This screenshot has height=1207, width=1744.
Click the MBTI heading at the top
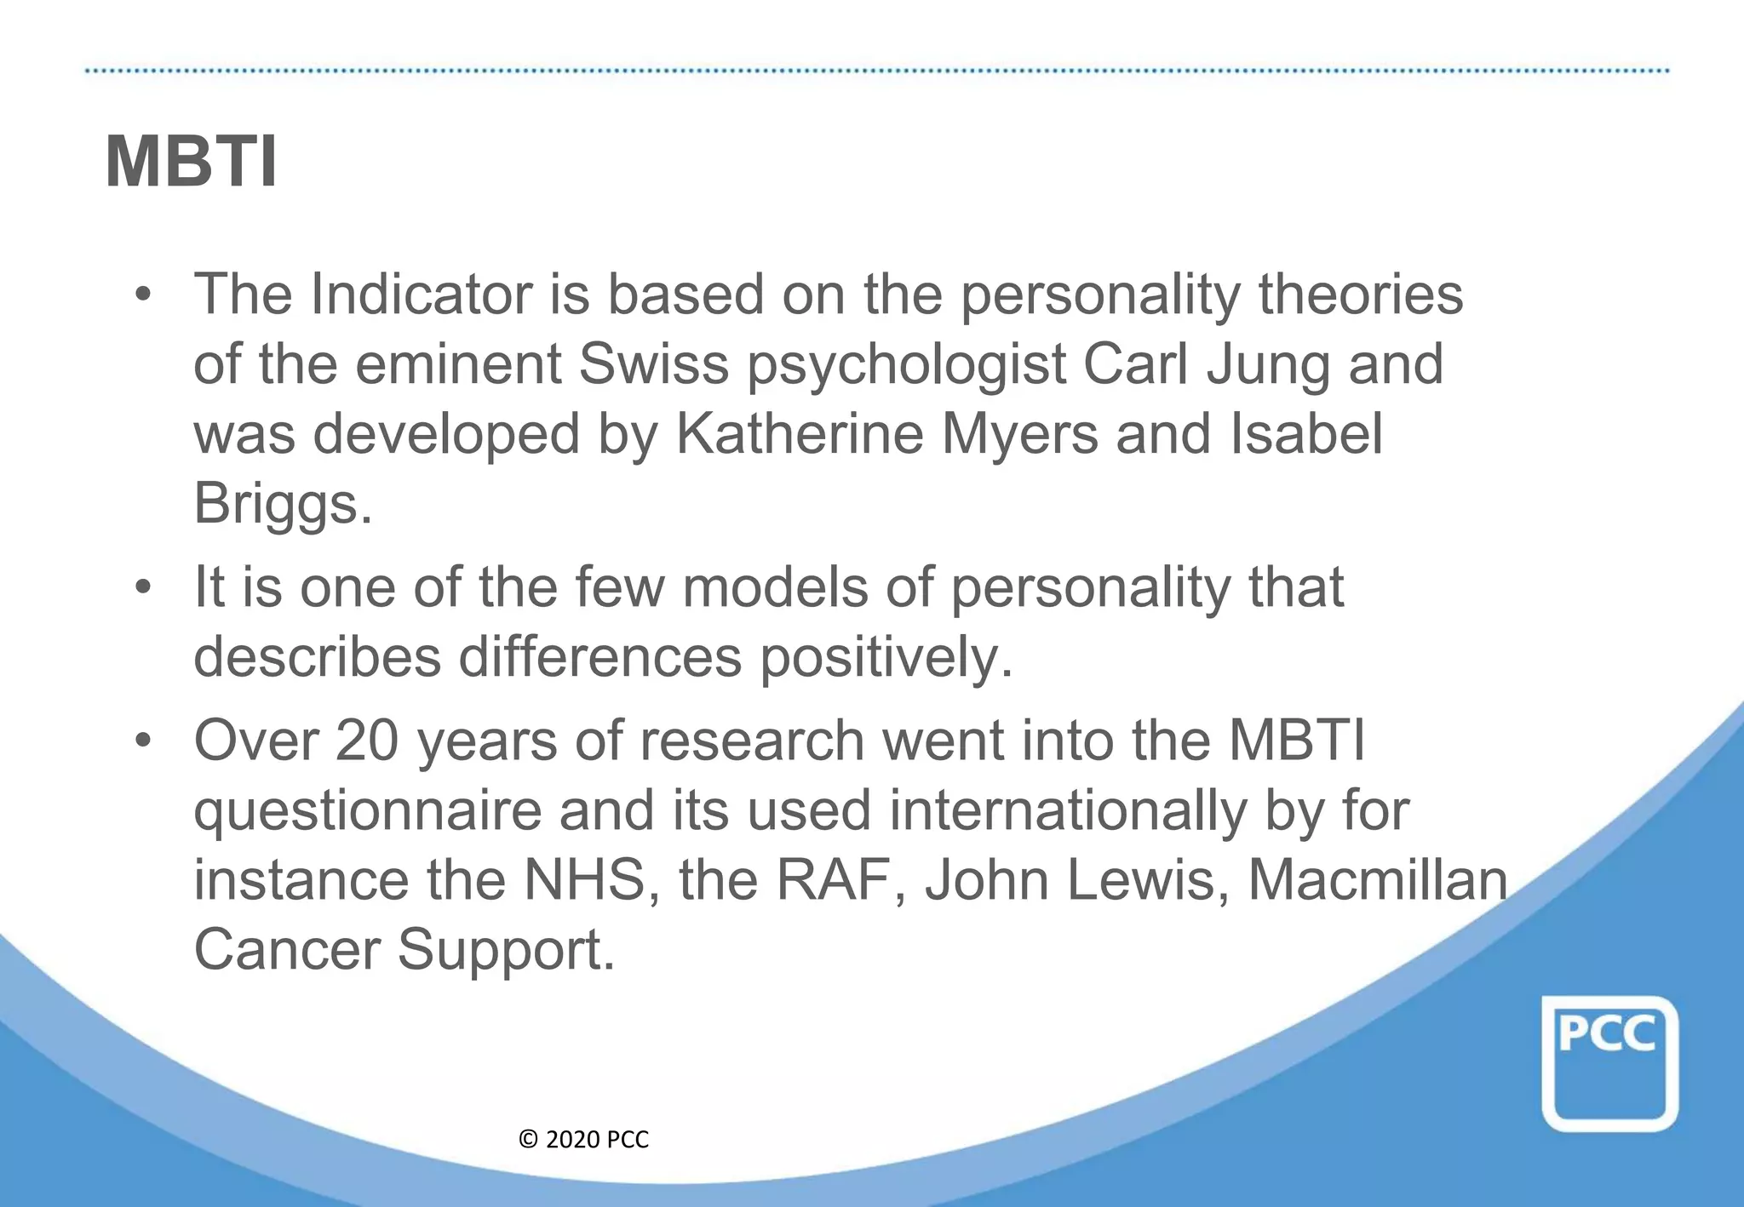pyautogui.click(x=191, y=162)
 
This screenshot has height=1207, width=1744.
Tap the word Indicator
pyautogui.click(x=422, y=295)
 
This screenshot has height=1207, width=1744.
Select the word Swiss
pyautogui.click(x=653, y=364)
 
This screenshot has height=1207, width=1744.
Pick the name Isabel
pyautogui.click(x=1306, y=434)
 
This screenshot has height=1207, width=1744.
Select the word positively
pyautogui.click(x=886, y=657)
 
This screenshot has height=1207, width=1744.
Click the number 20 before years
pyautogui.click(x=367, y=741)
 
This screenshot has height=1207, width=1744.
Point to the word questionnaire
pyautogui.click(x=367, y=810)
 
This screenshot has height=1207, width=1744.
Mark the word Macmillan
pyautogui.click(x=1377, y=880)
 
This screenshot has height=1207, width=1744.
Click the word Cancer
pyautogui.click(x=287, y=950)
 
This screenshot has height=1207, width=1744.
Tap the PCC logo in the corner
pyautogui.click(x=1609, y=1064)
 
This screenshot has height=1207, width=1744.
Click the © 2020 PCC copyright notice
pyautogui.click(x=583, y=1140)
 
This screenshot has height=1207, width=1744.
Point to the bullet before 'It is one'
pyautogui.click(x=142, y=587)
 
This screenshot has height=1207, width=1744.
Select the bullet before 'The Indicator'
pyautogui.click(x=142, y=295)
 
